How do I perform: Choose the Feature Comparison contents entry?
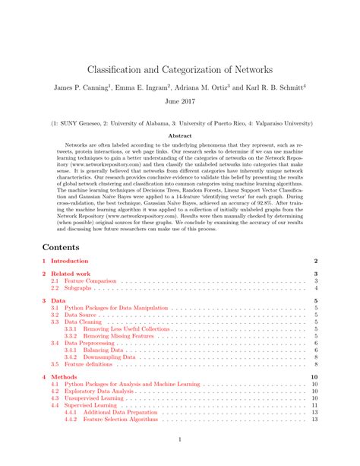coord(90,281)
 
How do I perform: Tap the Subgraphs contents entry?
coord(79,289)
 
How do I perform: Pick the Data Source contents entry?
coord(81,315)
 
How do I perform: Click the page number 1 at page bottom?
coord(180,440)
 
